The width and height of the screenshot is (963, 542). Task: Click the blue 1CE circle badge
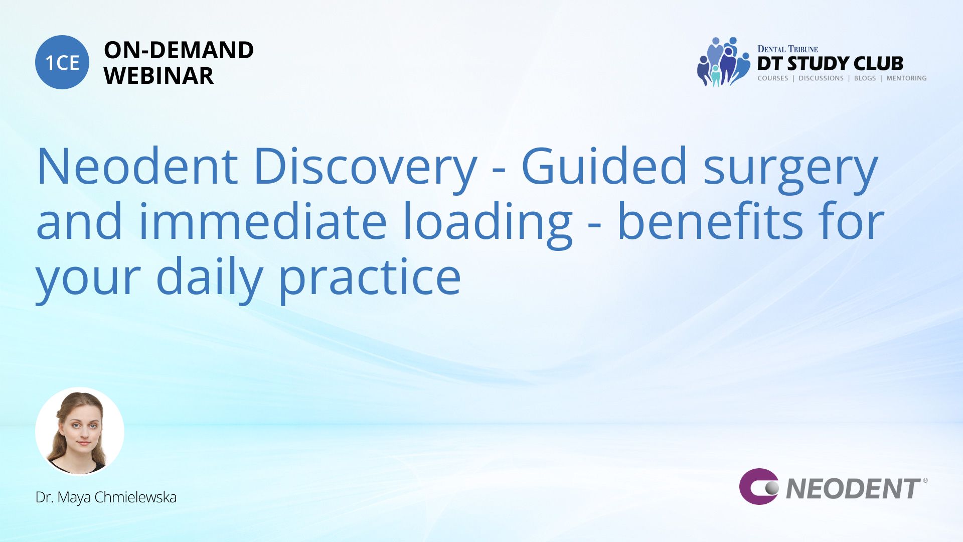click(x=62, y=62)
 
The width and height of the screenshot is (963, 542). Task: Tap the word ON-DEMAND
click(x=179, y=50)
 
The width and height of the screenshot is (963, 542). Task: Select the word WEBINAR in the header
click(x=158, y=76)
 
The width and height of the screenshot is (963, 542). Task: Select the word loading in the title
click(x=487, y=224)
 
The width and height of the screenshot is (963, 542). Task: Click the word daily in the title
click(x=210, y=279)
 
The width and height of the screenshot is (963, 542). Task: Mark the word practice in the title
click(x=370, y=280)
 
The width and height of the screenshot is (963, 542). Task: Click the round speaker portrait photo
click(x=80, y=431)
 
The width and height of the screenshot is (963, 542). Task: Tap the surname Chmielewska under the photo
click(x=135, y=497)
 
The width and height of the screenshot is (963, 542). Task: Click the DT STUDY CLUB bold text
click(x=830, y=64)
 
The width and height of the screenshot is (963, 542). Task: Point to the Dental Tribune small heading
click(x=787, y=49)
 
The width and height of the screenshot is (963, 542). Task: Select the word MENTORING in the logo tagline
click(x=906, y=78)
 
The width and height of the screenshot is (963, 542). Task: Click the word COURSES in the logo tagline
click(x=772, y=78)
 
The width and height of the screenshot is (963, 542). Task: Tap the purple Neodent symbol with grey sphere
click(x=758, y=486)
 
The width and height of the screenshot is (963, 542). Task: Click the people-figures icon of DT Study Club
click(x=723, y=62)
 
